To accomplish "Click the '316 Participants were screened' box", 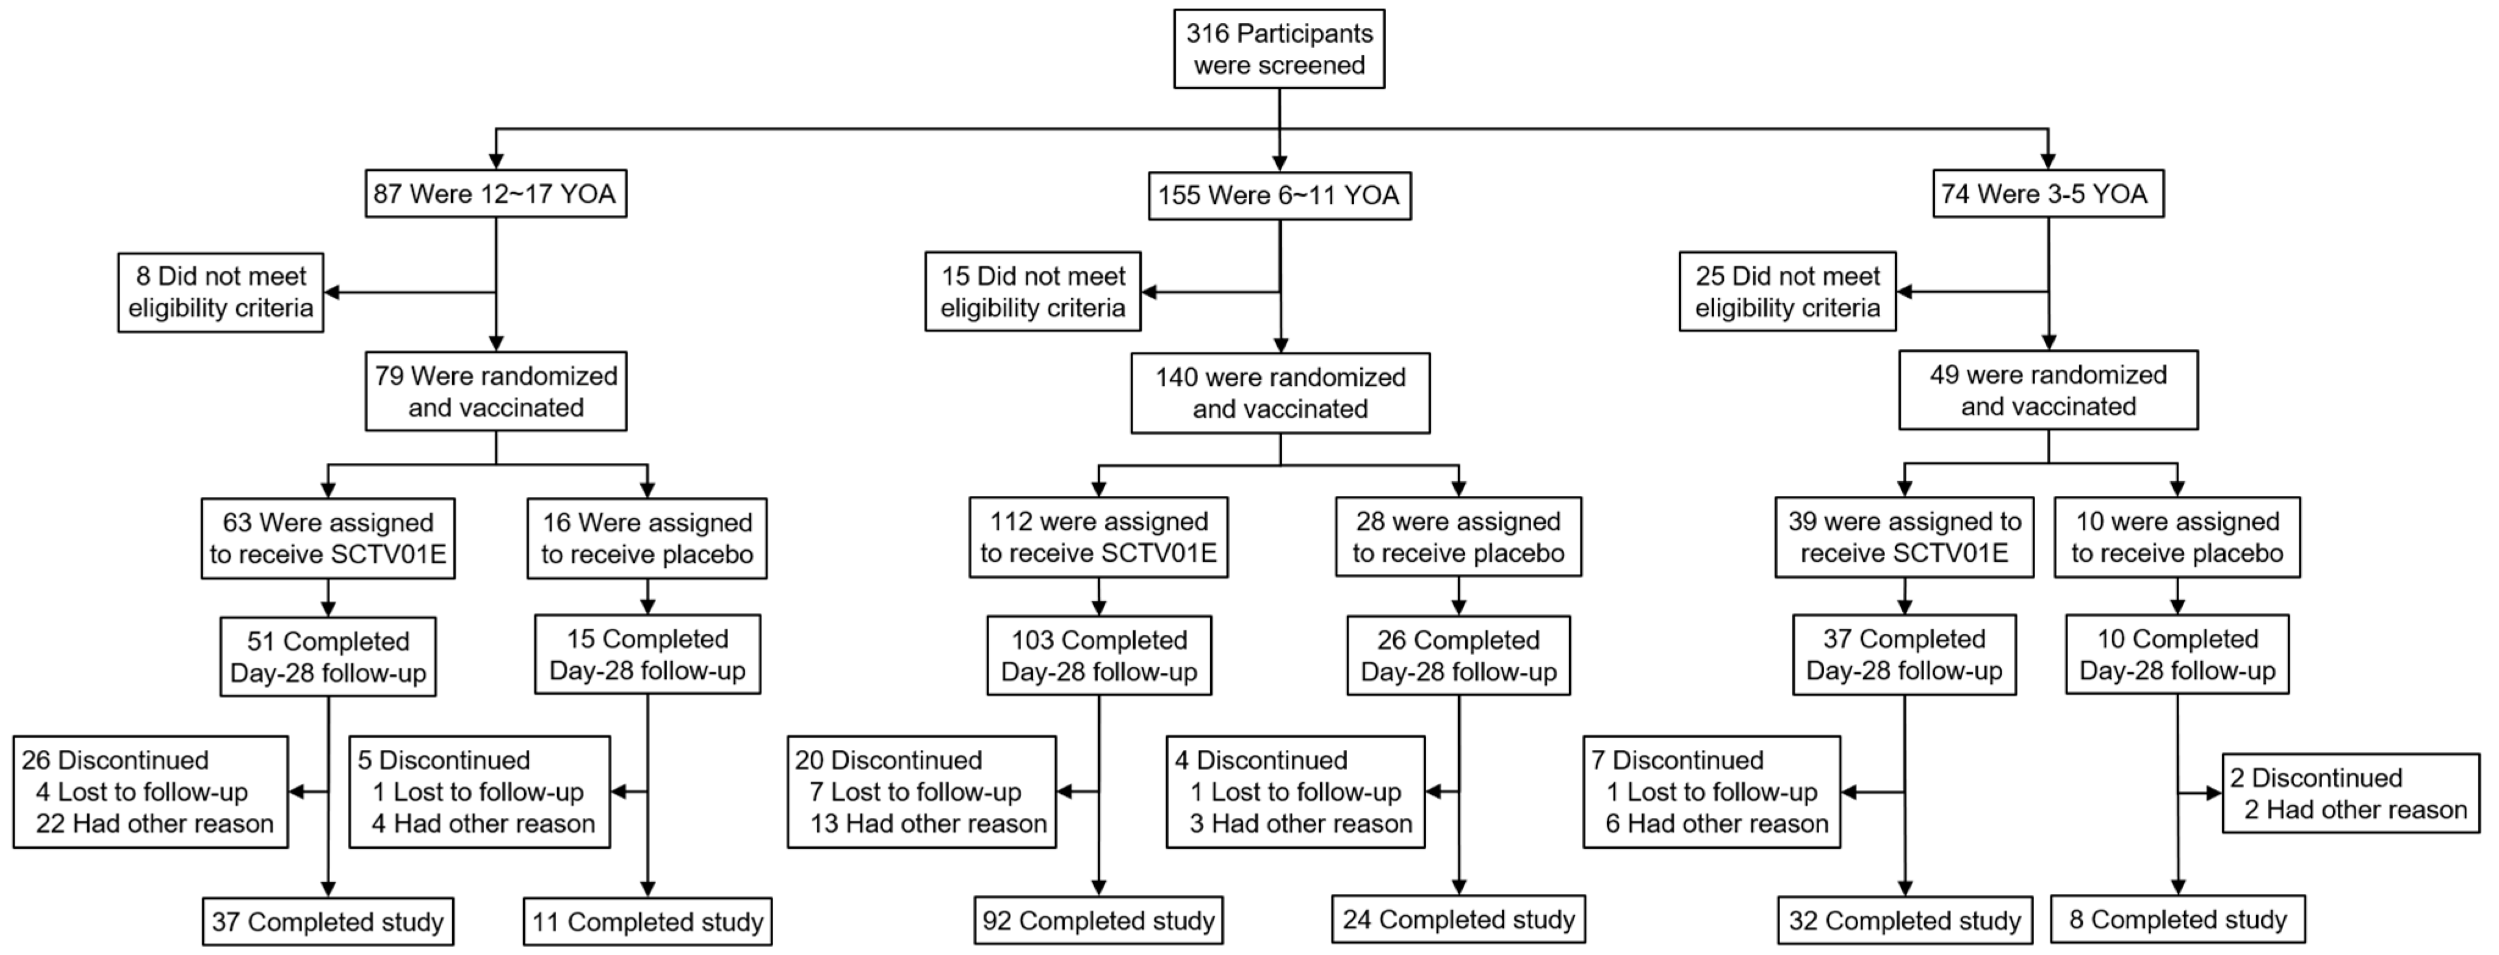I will coord(1278,48).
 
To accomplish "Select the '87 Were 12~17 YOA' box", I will coord(495,194).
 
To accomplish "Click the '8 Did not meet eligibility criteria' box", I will coord(220,292).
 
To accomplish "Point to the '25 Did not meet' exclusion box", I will coord(1787,292).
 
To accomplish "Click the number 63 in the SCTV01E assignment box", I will coord(237,523).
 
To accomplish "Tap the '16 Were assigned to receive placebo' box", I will coord(647,539).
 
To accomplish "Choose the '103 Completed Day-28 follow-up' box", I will coord(1099,656).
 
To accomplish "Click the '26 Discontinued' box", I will coord(150,792).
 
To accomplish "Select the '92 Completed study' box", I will coord(1098,920).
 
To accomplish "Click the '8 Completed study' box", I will coord(2177,919).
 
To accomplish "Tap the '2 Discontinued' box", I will coord(2349,794).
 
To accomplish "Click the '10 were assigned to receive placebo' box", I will coord(2177,538).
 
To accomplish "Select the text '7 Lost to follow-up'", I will coord(915,792).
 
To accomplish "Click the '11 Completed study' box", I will coord(647,921).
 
